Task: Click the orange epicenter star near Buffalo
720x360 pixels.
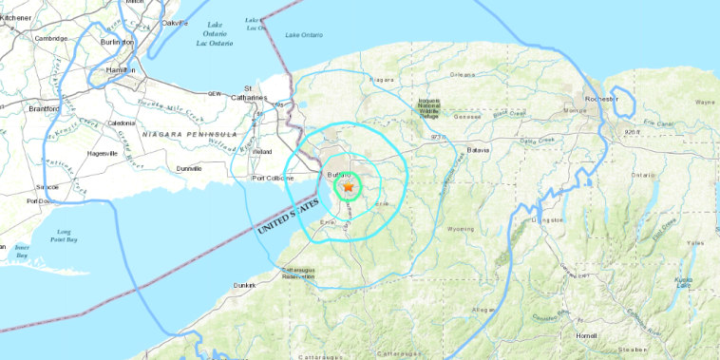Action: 348,188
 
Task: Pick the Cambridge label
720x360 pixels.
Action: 53,38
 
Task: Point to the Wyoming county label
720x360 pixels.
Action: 461,229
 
